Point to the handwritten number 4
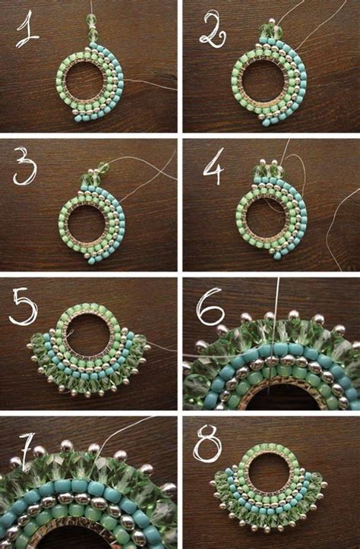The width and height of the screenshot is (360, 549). point(211,168)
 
